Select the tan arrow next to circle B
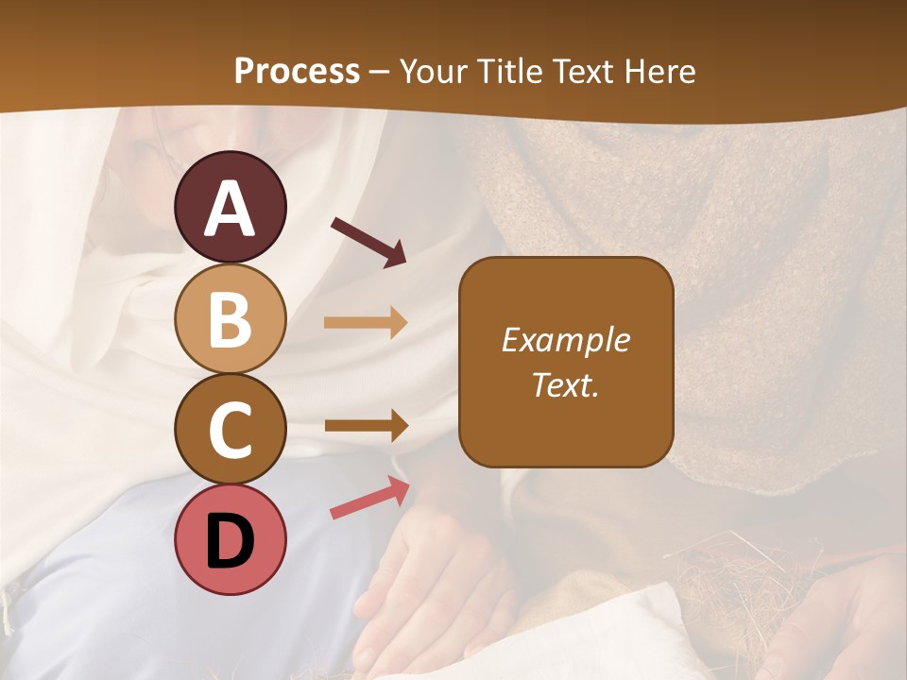366,323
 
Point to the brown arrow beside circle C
366,425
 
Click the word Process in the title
297,72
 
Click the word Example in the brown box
566,340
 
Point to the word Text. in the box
566,384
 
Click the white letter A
231,208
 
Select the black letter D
231,541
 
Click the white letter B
231,318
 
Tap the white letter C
231,429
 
